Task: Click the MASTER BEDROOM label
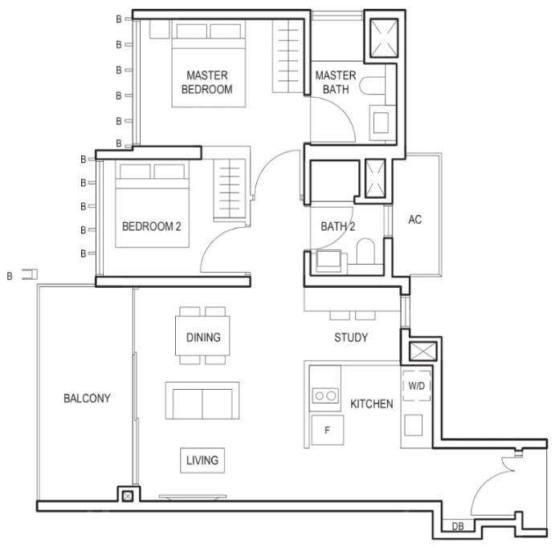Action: (x=207, y=82)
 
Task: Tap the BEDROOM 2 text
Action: (x=152, y=226)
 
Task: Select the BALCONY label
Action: (x=87, y=399)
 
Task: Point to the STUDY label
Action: (x=351, y=338)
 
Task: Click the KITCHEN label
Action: (x=372, y=404)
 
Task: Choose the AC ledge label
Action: (x=415, y=220)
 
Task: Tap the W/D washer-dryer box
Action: (x=417, y=386)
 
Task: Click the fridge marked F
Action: (x=328, y=430)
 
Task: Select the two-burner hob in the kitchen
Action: (x=325, y=395)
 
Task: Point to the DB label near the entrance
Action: (x=458, y=526)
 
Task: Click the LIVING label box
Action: (x=202, y=460)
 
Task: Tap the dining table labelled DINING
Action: (x=202, y=336)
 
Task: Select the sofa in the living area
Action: (x=202, y=401)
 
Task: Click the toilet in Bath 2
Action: (x=365, y=251)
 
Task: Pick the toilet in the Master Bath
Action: (x=373, y=86)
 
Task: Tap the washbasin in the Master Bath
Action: (x=381, y=123)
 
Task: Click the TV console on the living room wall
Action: (x=193, y=497)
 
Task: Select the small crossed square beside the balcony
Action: (x=128, y=496)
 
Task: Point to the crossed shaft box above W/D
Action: (x=423, y=351)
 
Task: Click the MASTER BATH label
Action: (x=336, y=82)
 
